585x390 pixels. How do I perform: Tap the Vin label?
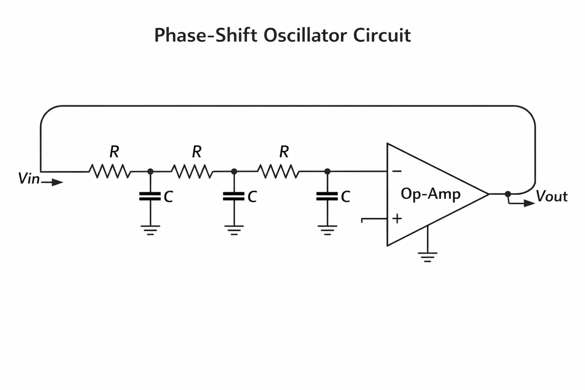[x=29, y=179]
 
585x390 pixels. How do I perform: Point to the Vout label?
[x=552, y=196]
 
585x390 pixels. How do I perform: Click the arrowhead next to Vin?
[x=58, y=182]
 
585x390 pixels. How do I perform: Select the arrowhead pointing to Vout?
[x=529, y=203]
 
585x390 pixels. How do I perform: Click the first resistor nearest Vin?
[x=110, y=171]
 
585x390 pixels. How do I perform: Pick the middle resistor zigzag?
[x=192, y=171]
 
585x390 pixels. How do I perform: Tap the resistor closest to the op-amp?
[x=278, y=171]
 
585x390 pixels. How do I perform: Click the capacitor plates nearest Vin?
[x=150, y=196]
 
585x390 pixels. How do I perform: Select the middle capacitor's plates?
[x=234, y=196]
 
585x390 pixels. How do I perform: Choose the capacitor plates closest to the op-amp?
[x=327, y=196]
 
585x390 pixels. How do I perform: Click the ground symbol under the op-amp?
[x=428, y=257]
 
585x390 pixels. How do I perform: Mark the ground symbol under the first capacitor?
[x=150, y=230]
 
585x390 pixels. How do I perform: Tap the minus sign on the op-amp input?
[x=397, y=171]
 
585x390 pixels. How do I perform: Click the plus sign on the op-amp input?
[x=397, y=218]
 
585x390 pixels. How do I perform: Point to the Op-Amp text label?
[x=431, y=194]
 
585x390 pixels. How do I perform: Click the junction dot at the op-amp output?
[x=508, y=194]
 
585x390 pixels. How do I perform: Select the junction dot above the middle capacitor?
[x=234, y=172]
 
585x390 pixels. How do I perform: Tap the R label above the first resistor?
[x=114, y=152]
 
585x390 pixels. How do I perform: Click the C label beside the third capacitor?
[x=345, y=197]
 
